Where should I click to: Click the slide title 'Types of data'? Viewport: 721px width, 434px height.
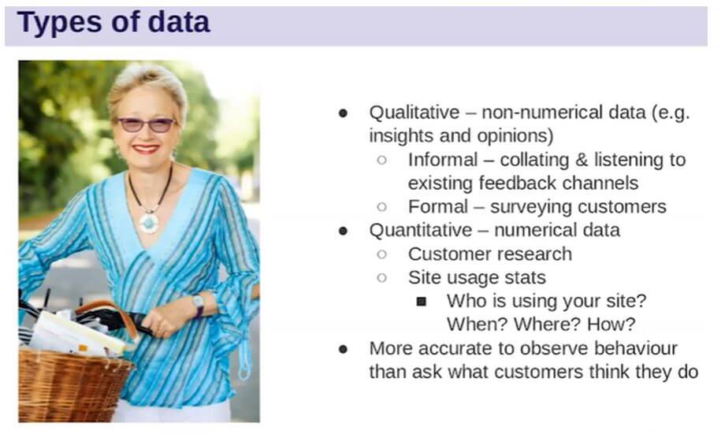113,23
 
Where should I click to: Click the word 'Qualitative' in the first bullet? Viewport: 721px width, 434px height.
414,112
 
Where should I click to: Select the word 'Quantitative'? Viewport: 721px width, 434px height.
421,230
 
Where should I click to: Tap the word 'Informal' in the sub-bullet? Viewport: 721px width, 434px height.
443,160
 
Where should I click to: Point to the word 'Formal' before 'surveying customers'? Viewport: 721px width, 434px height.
438,207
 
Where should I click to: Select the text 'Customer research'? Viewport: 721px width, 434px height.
489,254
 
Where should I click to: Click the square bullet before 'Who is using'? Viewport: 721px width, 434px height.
422,302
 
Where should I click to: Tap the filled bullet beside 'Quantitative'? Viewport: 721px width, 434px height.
343,231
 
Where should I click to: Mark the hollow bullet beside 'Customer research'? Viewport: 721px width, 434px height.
381,254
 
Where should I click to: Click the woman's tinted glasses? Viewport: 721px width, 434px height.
147,124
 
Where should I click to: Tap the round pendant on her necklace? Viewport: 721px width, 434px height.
148,223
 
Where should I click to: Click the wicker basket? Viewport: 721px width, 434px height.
73,383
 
